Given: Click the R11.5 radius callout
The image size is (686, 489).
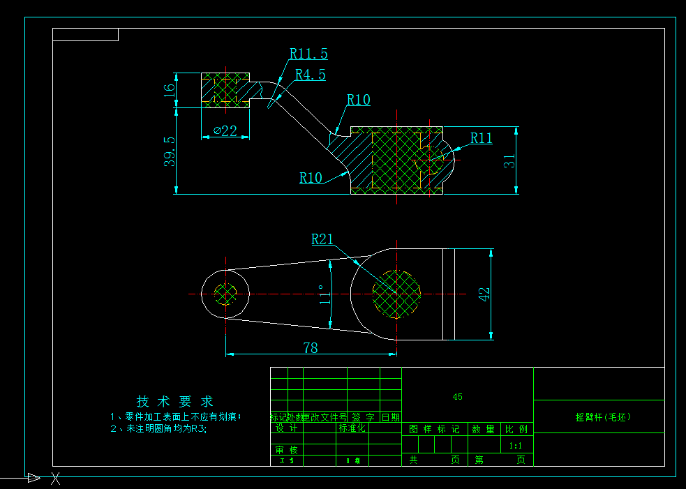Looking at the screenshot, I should click(x=308, y=54).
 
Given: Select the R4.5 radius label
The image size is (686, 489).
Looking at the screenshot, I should click(x=310, y=75).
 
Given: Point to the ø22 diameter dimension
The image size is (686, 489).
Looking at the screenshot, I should click(x=225, y=130).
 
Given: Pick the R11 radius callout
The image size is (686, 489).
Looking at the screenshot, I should click(x=481, y=138).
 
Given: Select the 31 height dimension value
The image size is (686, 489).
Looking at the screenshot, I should click(x=511, y=160).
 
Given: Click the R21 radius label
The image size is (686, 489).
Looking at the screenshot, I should click(x=322, y=240).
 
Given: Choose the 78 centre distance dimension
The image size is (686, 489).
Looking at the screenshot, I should click(x=311, y=347).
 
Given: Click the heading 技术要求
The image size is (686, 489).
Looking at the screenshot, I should click(x=174, y=402).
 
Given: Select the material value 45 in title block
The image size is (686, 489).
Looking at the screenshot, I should click(x=457, y=397).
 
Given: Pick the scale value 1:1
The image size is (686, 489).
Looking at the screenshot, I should click(x=516, y=445).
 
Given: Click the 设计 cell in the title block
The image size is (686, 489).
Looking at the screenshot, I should click(x=287, y=428).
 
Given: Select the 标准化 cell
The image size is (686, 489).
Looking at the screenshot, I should click(x=352, y=428).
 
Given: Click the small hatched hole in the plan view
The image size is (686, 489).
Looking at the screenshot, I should click(x=225, y=294).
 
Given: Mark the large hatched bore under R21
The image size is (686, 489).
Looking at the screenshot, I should click(x=397, y=294).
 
